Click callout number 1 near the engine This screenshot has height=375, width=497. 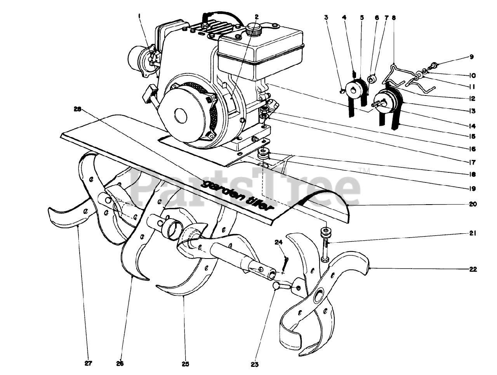pyautogui.click(x=139, y=16)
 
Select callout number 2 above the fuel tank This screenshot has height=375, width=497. pyautogui.click(x=257, y=17)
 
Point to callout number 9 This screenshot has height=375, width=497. pyautogui.click(x=471, y=57)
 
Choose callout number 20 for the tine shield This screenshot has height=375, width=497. pyautogui.click(x=473, y=204)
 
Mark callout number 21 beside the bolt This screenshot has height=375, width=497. pyautogui.click(x=473, y=233)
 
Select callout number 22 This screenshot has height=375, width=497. pyautogui.click(x=473, y=269)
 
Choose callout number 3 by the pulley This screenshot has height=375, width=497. pyautogui.click(x=326, y=17)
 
